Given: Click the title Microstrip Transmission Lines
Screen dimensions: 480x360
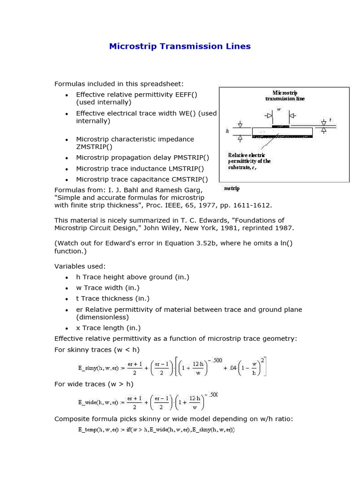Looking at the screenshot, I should (x=180, y=46).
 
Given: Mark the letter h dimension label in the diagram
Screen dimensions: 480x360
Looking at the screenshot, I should (x=227, y=132).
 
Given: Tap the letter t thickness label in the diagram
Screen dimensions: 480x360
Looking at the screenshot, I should (x=330, y=120).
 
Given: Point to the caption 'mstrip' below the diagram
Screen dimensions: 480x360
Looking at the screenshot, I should (x=232, y=188).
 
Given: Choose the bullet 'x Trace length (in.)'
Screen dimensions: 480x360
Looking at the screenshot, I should (x=108, y=328).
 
